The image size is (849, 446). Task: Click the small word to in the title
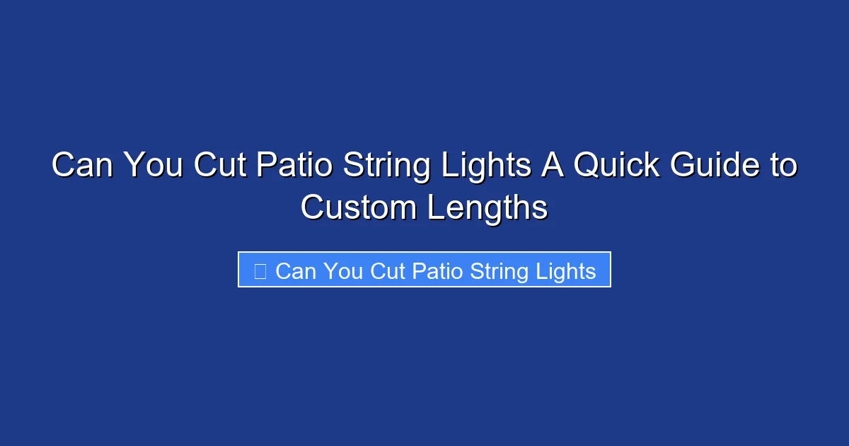pos(781,167)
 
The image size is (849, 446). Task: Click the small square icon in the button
pos(260,270)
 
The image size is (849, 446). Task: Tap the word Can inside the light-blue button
pos(296,270)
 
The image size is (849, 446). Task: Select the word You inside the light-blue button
pos(342,270)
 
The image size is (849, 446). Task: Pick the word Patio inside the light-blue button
pos(433,270)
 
